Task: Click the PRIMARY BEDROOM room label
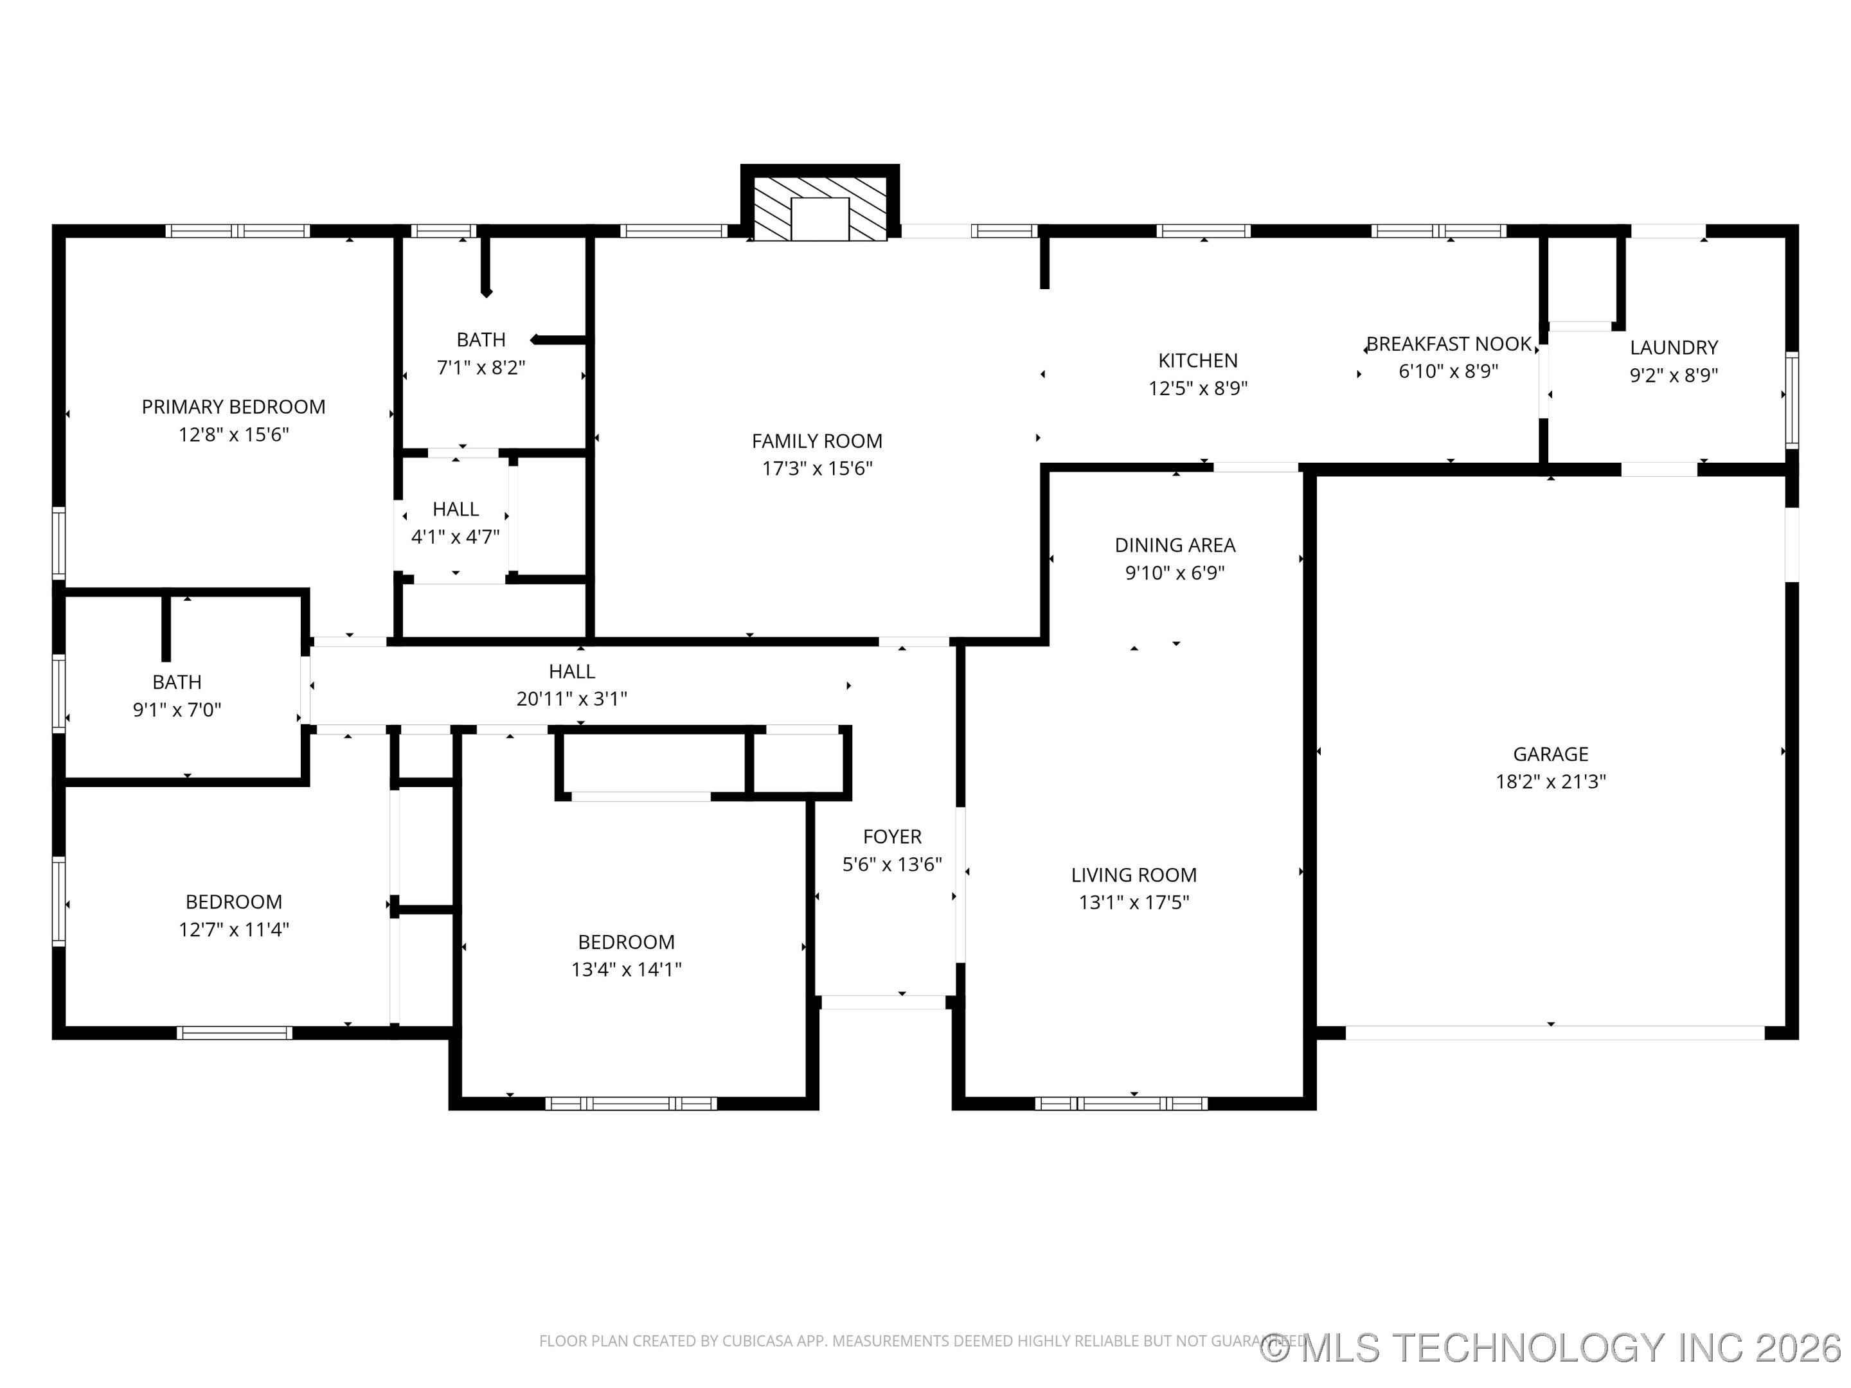point(233,407)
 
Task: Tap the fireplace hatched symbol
point(819,209)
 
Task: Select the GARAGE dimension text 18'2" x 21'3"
point(1551,781)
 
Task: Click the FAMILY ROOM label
point(817,441)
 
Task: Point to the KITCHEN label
point(1197,360)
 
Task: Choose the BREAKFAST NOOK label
point(1449,344)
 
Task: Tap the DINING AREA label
point(1175,546)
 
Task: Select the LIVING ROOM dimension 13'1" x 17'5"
point(1134,902)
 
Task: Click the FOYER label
point(892,837)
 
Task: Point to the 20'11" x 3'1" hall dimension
point(571,698)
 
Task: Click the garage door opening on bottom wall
point(1554,1033)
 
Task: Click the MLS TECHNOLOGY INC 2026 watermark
point(1552,1347)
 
